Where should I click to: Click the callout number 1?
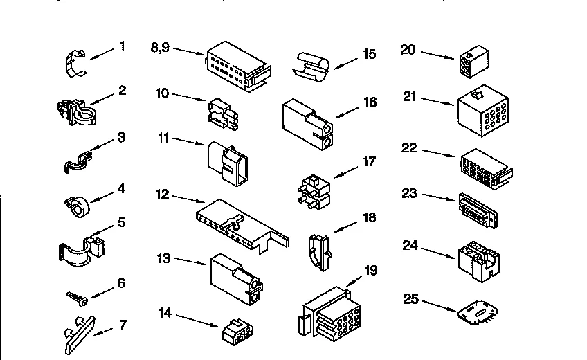click(x=122, y=46)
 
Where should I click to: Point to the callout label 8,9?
click(x=160, y=47)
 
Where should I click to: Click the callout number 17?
click(x=369, y=162)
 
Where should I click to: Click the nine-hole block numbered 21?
click(x=484, y=108)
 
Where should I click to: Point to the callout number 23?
click(x=410, y=193)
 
